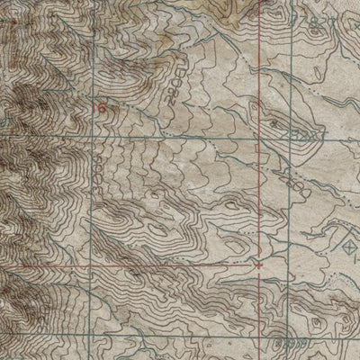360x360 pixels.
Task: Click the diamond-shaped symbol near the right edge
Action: (x=350, y=240)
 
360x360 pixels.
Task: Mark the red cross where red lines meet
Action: (x=259, y=265)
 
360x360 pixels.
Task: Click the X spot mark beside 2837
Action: (x=273, y=118)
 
